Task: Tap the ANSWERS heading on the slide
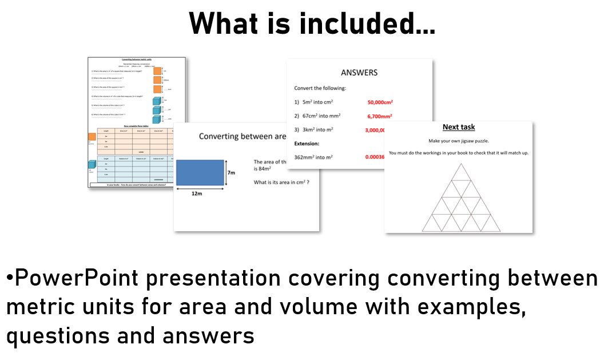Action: click(359, 73)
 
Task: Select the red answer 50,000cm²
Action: click(380, 102)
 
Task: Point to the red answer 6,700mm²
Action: click(380, 116)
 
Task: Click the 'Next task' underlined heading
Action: click(459, 127)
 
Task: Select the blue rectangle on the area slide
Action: click(200, 173)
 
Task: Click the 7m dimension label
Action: click(232, 172)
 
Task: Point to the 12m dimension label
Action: click(197, 193)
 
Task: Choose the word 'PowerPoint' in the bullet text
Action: click(77, 279)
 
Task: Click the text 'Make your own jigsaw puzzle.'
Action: click(459, 140)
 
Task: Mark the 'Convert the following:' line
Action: click(320, 88)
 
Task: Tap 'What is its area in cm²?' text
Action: click(281, 182)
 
